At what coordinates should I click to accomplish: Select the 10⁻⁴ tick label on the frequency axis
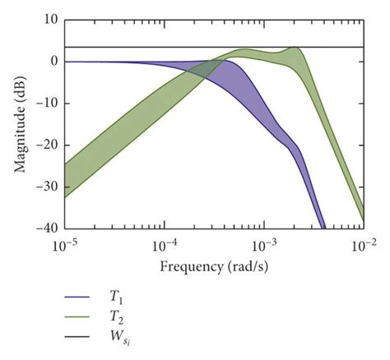point(165,244)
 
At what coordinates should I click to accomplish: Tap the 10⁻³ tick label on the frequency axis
point(264,244)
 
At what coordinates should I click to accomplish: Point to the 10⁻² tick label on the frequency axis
point(363,244)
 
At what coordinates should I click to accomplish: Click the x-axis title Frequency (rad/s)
point(214,267)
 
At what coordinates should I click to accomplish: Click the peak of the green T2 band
point(294,48)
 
